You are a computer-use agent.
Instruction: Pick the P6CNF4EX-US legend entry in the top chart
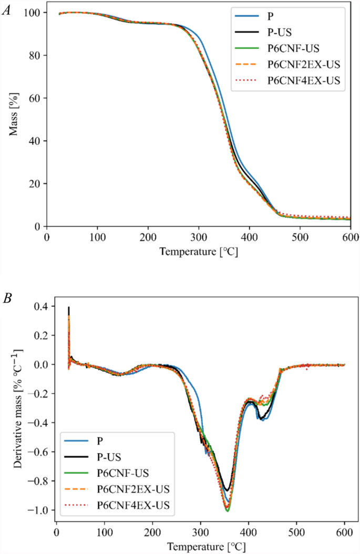tap(289, 80)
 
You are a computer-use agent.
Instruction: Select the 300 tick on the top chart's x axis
tap(199, 237)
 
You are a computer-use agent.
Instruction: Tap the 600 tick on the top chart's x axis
tap(350, 237)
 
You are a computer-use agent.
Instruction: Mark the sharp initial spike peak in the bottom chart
tap(68, 308)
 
